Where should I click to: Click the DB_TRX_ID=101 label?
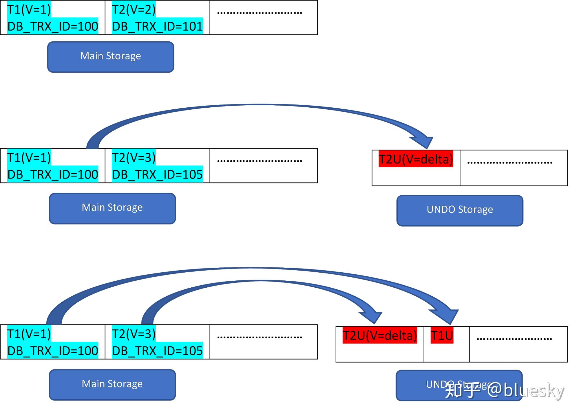157,26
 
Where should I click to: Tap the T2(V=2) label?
134,10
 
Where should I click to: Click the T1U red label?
442,335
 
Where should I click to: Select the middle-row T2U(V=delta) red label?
416,159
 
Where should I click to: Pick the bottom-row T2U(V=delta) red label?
379,335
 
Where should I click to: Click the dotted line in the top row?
260,13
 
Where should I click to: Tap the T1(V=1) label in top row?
29,10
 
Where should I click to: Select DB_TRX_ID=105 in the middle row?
157,174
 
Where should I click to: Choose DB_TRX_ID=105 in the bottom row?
157,351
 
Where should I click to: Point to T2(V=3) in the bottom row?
134,334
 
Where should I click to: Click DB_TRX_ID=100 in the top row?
52,26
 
